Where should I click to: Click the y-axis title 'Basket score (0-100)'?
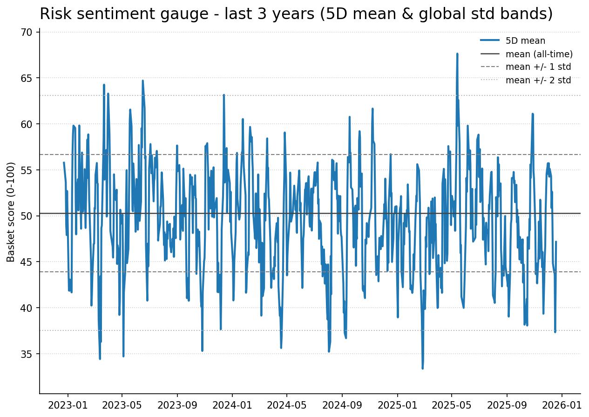tap(11, 212)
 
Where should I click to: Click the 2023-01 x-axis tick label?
tap(68, 405)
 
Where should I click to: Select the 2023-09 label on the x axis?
tap(177, 405)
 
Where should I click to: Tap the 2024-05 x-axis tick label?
tap(287, 405)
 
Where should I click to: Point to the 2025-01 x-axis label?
tap(397, 405)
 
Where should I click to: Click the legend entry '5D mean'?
tap(525, 41)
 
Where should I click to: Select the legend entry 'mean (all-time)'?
tap(539, 54)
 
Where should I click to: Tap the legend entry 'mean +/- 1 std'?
tap(538, 67)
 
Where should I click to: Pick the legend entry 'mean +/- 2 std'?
tap(538, 80)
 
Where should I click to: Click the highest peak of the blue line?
tap(457, 54)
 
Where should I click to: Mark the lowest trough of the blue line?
tap(423, 368)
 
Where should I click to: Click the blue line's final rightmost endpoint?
tap(556, 242)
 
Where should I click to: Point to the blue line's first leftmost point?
tap(64, 162)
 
